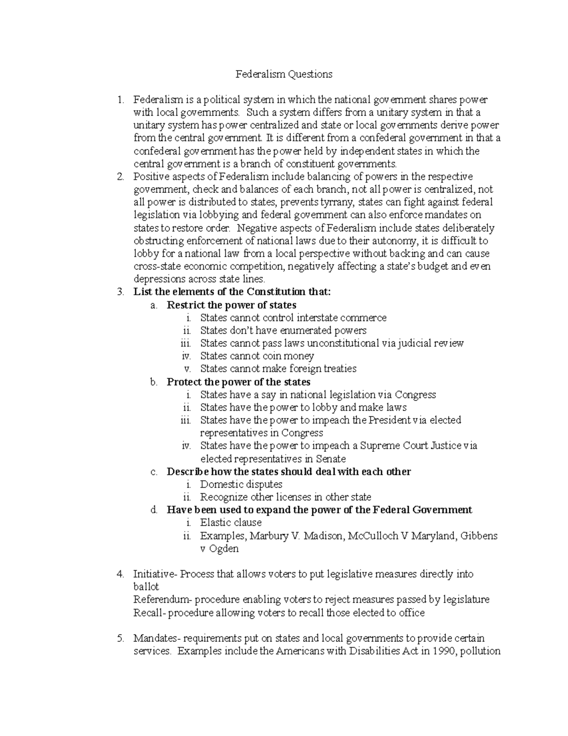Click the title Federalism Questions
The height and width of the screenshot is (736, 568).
(x=284, y=74)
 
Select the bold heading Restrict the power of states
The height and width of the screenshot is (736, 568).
(x=231, y=305)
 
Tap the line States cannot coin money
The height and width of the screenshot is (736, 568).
(x=257, y=356)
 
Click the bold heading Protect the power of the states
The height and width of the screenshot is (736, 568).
(x=239, y=382)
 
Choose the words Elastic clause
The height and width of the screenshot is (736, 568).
(x=231, y=523)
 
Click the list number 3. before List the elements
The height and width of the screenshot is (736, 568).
(x=120, y=292)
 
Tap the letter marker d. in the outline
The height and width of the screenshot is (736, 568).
(x=153, y=510)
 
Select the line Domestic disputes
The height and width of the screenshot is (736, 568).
(x=241, y=484)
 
